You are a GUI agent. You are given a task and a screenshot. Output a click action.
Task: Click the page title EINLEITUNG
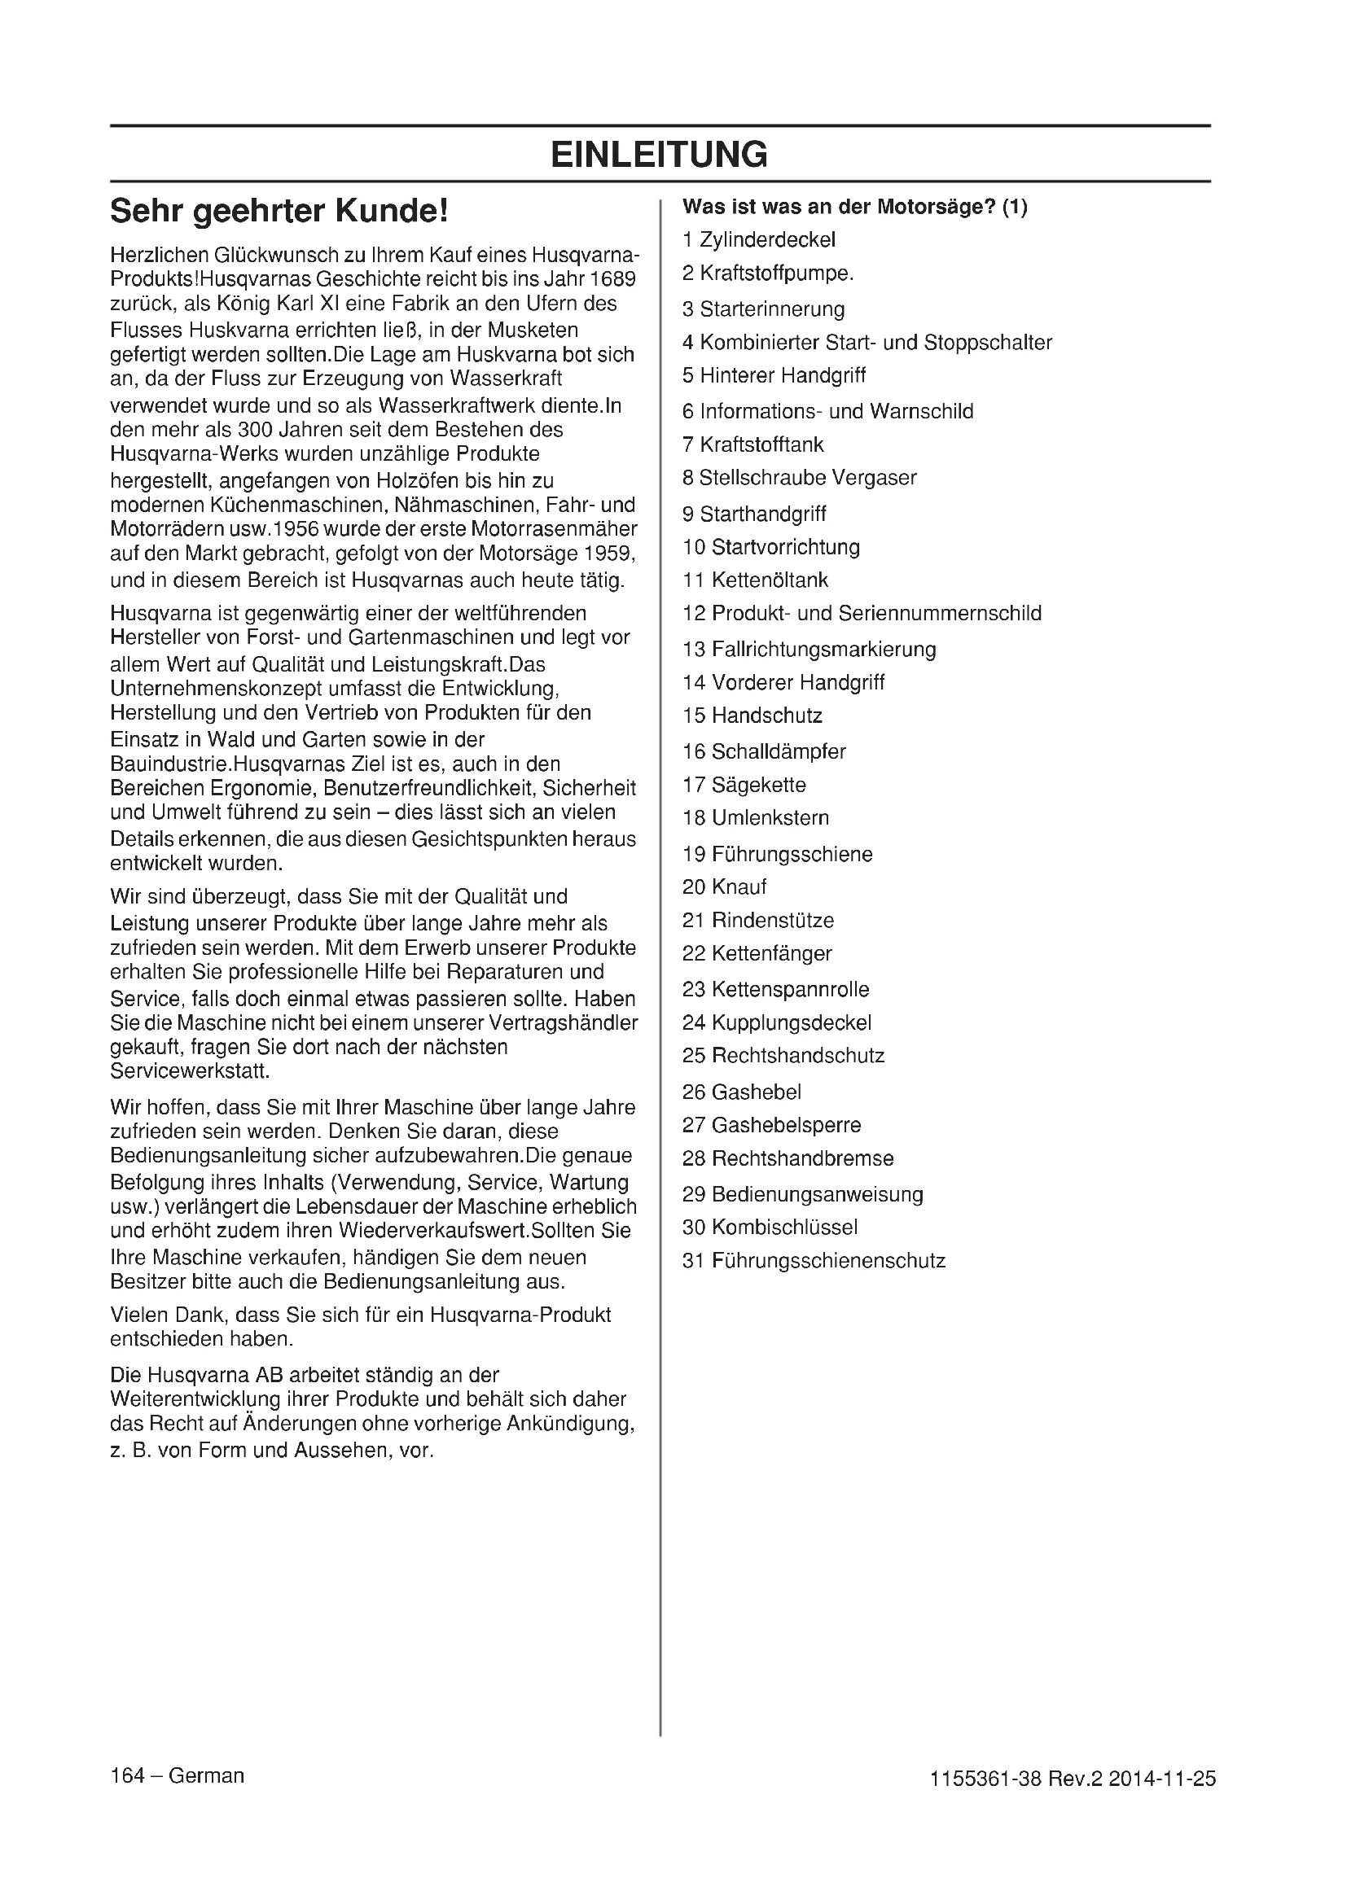[x=660, y=154]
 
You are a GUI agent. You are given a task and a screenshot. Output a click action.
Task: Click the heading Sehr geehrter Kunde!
[x=279, y=212]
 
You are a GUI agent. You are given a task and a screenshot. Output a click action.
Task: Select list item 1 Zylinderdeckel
[x=759, y=240]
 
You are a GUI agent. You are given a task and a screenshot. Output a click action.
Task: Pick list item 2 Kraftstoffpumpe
[x=768, y=274]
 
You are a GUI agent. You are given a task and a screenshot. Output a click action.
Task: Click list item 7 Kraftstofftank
[x=753, y=445]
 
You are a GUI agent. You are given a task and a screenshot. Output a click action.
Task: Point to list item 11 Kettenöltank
[x=755, y=580]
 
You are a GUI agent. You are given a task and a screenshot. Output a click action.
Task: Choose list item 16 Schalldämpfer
[x=764, y=752]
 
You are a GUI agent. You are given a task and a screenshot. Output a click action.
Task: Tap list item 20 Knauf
[x=724, y=887]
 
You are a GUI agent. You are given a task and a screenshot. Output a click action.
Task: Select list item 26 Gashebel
[x=742, y=1092]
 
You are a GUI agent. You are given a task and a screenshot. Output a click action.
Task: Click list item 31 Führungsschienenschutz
[x=814, y=1261]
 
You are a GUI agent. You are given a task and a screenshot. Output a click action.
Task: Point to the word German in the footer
[x=207, y=1775]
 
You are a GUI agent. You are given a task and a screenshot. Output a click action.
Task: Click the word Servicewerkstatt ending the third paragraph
[x=190, y=1071]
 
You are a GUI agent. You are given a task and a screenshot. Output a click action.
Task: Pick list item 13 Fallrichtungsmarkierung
[x=809, y=650]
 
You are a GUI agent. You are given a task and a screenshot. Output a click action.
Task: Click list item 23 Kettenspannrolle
[x=775, y=990]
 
